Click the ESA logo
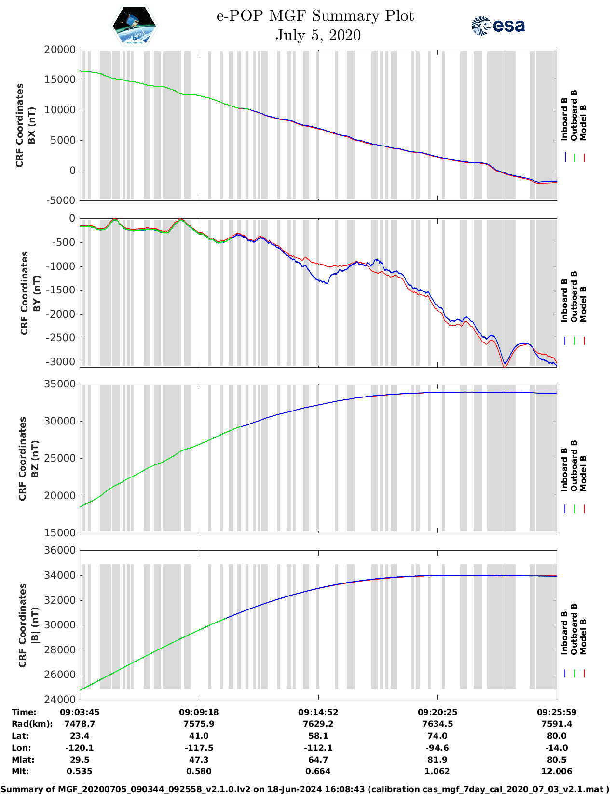tap(498, 26)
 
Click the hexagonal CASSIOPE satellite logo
tap(135, 25)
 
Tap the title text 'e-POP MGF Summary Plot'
tap(315, 16)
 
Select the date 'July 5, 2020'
tap(318, 35)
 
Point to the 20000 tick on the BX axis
tap(60, 50)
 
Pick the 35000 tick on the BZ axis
tap(60, 384)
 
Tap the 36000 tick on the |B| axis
tap(60, 550)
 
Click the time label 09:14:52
tap(318, 712)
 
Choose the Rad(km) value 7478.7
tap(80, 724)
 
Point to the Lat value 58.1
tap(318, 736)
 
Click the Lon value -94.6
tap(437, 748)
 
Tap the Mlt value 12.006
tap(557, 771)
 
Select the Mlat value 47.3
tap(199, 760)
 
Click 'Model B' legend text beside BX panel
tap(583, 123)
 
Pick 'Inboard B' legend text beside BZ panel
tap(564, 470)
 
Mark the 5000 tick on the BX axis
tap(63, 140)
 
